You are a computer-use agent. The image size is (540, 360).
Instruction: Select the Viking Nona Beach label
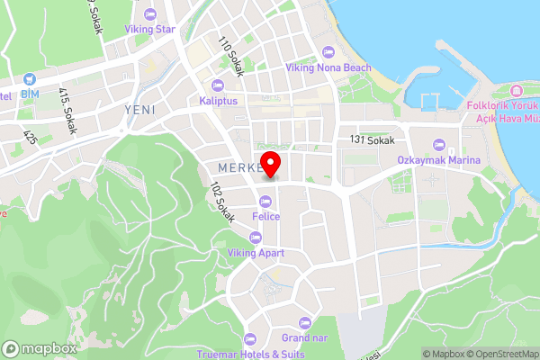point(328,67)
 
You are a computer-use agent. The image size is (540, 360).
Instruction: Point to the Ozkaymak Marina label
point(438,160)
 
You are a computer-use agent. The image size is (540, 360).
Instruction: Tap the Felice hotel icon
point(265,202)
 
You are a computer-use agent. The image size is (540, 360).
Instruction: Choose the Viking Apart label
point(256,253)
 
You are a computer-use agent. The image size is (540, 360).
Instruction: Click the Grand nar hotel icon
point(302,322)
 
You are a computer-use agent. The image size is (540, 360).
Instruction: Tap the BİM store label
point(31,94)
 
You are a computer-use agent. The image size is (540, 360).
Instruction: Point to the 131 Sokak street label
point(373,141)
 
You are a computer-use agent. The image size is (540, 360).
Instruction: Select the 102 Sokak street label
point(221,203)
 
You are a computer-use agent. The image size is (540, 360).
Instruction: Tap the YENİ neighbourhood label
point(139,109)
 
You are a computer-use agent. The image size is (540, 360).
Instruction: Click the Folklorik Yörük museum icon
point(516,91)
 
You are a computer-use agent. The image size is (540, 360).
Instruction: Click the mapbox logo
point(38,348)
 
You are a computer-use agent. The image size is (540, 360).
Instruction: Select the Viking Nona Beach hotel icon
point(328,51)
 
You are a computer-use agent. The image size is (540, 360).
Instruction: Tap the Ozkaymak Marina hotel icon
point(438,144)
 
